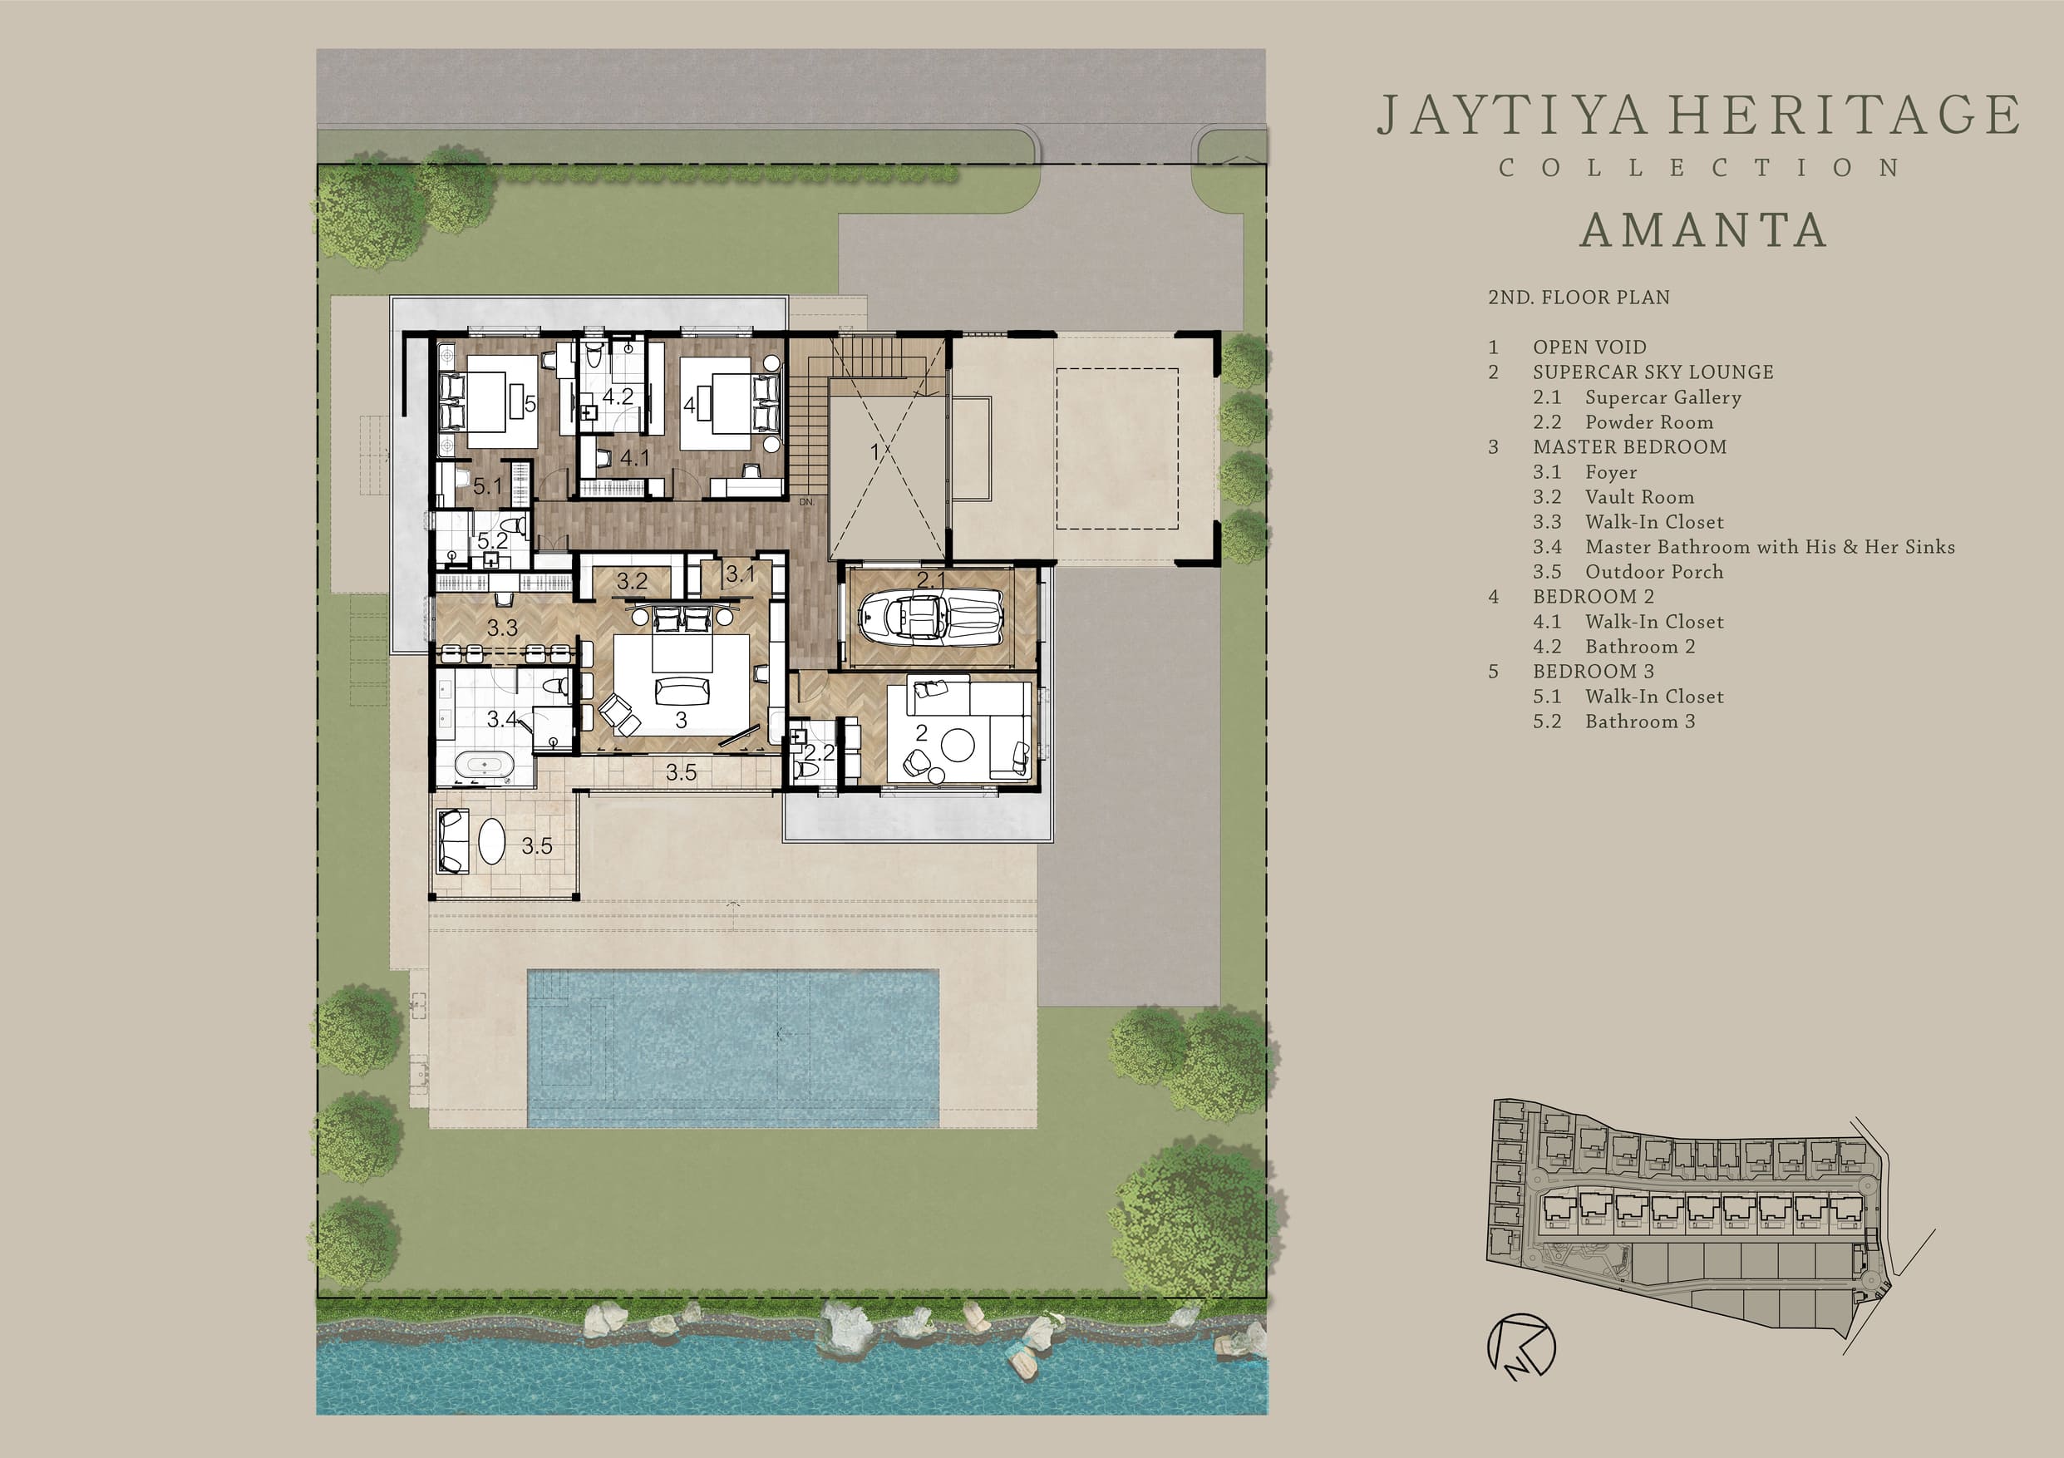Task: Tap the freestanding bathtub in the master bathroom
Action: click(485, 766)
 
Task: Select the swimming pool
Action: click(732, 1048)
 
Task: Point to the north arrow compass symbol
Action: click(1521, 1346)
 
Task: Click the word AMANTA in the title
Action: click(1703, 230)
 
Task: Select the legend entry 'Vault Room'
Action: click(1640, 497)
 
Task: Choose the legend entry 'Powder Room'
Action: click(1648, 422)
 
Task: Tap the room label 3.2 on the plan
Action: click(632, 582)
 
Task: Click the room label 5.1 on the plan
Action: click(487, 486)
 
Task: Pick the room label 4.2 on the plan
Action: click(618, 397)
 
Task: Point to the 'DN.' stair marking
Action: click(806, 501)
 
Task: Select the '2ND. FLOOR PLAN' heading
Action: click(1579, 298)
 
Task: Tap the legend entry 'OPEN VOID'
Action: click(1589, 347)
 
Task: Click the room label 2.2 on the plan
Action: click(819, 752)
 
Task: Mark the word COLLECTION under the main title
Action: click(1700, 168)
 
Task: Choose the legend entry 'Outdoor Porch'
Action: click(1654, 572)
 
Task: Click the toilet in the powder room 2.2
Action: click(806, 771)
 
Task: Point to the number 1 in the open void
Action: click(874, 452)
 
